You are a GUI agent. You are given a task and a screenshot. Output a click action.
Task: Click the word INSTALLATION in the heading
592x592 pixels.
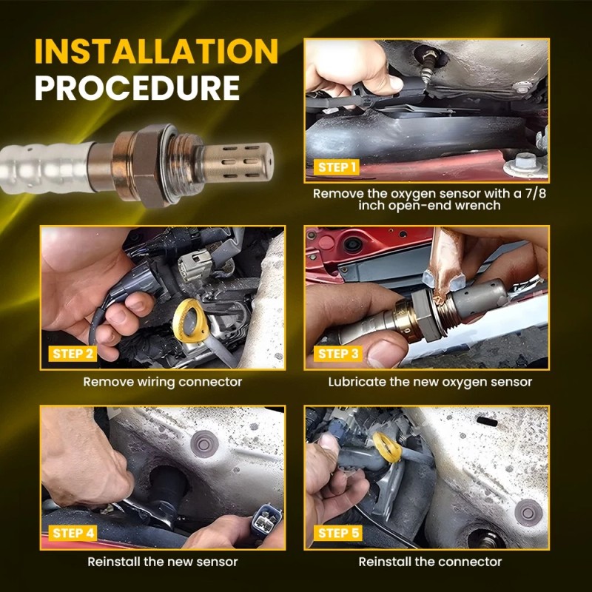coord(156,51)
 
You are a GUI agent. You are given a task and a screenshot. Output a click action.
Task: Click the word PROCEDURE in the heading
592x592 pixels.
coord(137,87)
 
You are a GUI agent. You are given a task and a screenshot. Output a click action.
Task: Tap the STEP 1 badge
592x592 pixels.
coord(337,167)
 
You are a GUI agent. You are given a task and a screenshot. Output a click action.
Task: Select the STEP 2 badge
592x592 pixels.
coord(73,354)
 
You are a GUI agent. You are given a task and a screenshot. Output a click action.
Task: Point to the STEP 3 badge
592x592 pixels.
coord(338,354)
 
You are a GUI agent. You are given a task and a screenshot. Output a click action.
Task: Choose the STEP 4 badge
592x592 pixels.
coord(73,533)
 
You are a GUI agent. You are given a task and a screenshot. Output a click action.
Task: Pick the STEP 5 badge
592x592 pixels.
coord(338,533)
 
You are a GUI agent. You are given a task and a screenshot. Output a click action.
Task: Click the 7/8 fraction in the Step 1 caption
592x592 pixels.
coord(536,194)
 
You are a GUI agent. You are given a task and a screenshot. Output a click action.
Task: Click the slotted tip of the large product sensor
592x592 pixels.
coord(238,162)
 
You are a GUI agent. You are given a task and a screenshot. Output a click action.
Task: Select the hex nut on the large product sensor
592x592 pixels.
coord(148,165)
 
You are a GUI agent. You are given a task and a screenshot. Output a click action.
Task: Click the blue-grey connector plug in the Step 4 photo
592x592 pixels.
coord(266,519)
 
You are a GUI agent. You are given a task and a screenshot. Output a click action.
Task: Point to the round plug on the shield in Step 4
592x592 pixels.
coord(205,444)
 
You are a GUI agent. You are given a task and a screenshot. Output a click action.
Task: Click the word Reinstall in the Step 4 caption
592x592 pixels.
coord(114,562)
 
